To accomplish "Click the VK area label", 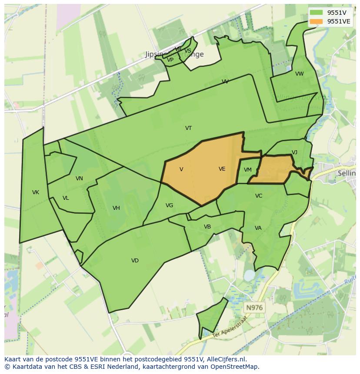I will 36,192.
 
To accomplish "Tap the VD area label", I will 135,261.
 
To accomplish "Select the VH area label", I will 116,208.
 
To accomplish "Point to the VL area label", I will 66,198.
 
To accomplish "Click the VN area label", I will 79,179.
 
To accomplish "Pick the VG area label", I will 169,205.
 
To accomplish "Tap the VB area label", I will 207,227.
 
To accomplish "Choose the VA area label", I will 258,228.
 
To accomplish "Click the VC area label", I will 259,196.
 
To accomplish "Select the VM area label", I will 248,170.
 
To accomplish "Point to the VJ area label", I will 294,152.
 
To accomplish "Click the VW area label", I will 300,74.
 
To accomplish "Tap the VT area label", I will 188,128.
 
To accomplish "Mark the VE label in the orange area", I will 222,169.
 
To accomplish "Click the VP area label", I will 170,60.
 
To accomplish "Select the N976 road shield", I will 254,308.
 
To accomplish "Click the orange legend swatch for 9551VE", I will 316,21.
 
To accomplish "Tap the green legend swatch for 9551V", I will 316,12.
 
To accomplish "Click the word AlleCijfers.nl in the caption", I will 227,360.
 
